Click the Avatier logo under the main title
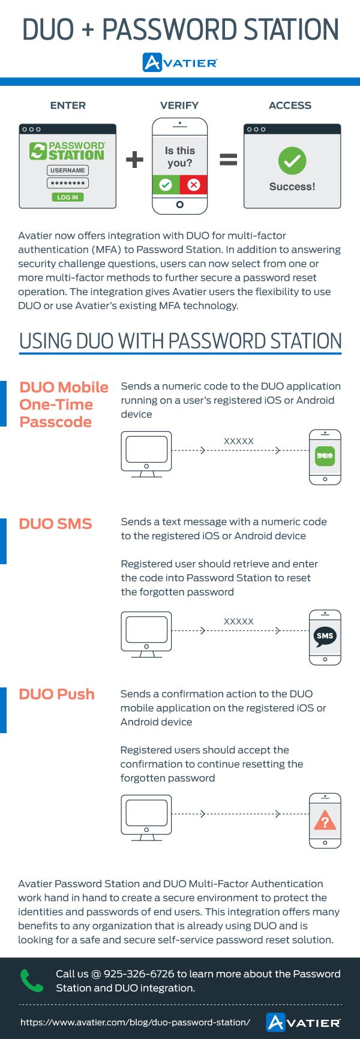(180, 62)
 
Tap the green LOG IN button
(67, 197)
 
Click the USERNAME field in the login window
(68, 170)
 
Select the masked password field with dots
(68, 183)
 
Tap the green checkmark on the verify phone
(166, 185)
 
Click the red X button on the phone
(194, 185)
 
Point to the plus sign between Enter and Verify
(134, 160)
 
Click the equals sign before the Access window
(229, 160)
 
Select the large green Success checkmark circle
(292, 161)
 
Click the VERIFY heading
(179, 106)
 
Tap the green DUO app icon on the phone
(325, 456)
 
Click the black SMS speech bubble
(325, 636)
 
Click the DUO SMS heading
(55, 524)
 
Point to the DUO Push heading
(57, 694)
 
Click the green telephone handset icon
(32, 981)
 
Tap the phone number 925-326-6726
(139, 974)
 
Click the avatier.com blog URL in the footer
(135, 1022)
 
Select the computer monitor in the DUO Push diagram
(146, 818)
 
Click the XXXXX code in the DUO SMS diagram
(239, 621)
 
